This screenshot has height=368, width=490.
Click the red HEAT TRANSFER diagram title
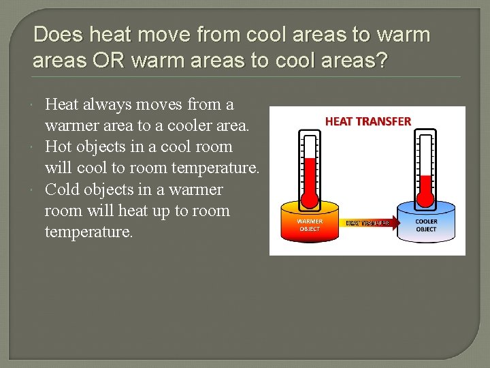(x=367, y=121)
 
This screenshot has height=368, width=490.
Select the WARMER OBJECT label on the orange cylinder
(x=310, y=225)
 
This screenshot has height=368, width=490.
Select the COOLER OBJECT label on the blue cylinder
(x=426, y=225)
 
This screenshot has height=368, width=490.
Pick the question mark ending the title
(x=381, y=61)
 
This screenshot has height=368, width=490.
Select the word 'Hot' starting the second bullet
(x=59, y=147)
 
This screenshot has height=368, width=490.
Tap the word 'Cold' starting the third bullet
(x=63, y=189)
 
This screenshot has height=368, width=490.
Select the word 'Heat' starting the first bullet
(x=61, y=104)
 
